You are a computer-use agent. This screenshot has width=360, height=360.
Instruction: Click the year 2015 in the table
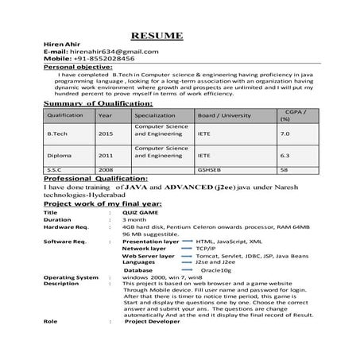tap(106, 134)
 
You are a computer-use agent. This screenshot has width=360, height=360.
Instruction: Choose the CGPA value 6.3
tap(285, 156)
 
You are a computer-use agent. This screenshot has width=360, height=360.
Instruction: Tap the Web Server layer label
tap(149, 256)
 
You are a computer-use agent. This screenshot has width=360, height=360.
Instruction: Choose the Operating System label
tap(70, 277)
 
